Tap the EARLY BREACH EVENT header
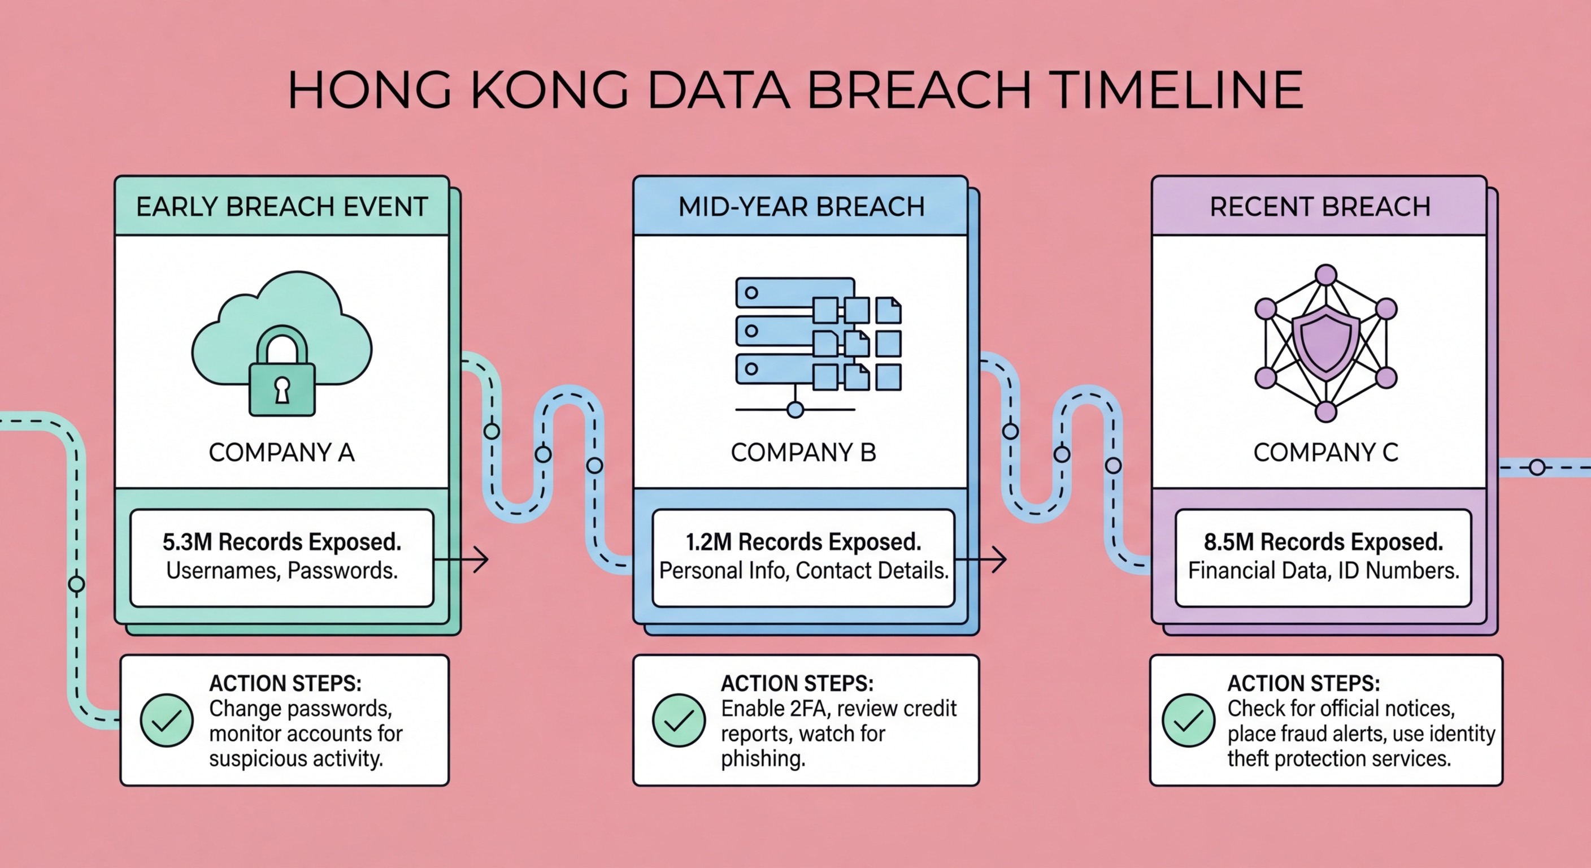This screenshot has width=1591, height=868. click(281, 206)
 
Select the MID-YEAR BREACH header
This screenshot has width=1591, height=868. click(801, 206)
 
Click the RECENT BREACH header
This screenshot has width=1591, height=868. click(1320, 206)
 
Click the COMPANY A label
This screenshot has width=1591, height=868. click(281, 452)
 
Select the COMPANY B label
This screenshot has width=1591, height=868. click(803, 452)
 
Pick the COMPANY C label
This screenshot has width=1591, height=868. click(1325, 452)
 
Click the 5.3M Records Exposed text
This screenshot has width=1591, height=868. click(281, 542)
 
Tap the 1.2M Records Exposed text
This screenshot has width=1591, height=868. click(803, 542)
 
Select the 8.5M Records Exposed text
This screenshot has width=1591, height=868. click(1323, 542)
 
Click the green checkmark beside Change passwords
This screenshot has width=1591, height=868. click(167, 721)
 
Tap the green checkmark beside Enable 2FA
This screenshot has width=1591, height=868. click(679, 721)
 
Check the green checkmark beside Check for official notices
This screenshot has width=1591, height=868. click(1188, 721)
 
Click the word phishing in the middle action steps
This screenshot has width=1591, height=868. click(763, 758)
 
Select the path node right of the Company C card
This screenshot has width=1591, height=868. click(1537, 468)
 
